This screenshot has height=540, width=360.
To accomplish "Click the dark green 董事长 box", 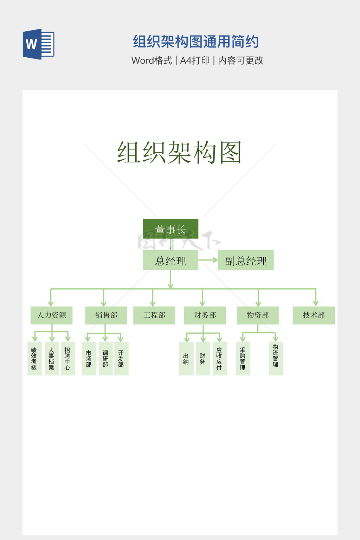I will [171, 229].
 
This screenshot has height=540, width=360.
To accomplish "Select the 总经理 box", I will [171, 260].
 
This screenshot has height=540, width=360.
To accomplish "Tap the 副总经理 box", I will [246, 260].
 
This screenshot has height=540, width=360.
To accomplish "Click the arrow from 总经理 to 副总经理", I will [208, 260].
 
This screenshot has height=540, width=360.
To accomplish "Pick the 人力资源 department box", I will [51, 315].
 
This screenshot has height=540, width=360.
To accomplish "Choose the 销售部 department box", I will [106, 315].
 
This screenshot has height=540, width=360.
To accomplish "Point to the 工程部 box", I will [154, 315].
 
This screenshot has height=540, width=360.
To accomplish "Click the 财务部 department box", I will [205, 315].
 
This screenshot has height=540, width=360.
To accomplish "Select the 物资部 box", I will [258, 315].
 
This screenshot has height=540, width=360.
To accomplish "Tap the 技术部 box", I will [314, 315].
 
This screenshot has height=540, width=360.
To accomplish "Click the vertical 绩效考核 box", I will [34, 359].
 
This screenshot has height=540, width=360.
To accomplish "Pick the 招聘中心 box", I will [67, 359].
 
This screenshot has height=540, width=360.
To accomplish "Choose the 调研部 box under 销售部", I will [105, 359].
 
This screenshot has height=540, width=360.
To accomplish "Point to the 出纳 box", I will [186, 359].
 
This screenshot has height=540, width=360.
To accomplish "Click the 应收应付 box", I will [219, 359].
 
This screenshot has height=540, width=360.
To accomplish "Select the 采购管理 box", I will [243, 359].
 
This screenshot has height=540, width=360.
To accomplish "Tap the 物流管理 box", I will [276, 359].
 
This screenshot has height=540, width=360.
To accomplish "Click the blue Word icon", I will [39, 44].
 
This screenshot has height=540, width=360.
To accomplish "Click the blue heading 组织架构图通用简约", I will [196, 42].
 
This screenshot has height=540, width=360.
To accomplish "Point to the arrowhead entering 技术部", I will [316, 303].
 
